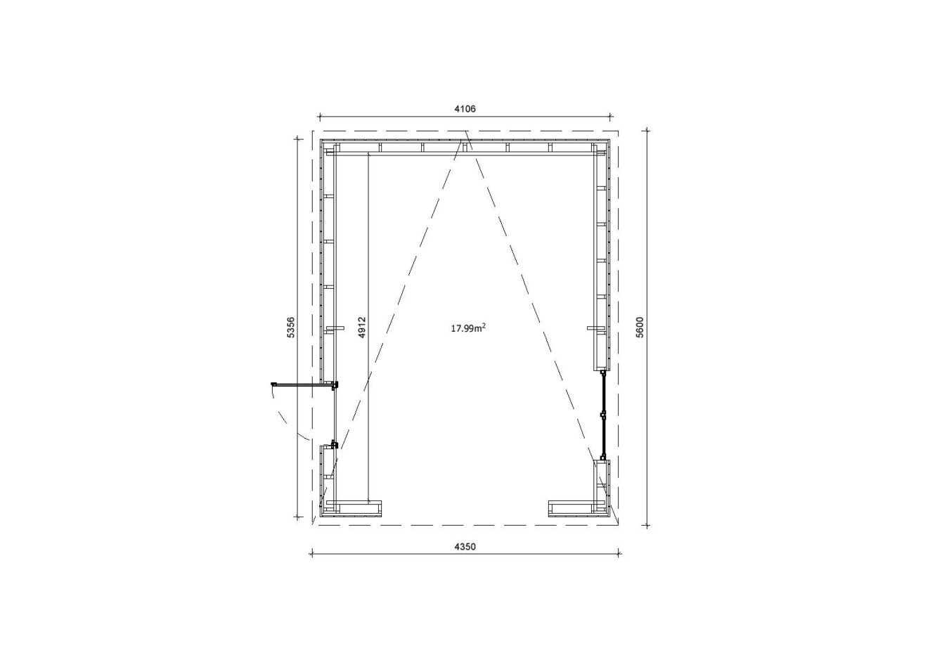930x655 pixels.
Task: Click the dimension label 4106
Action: (x=465, y=109)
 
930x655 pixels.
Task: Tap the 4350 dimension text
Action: (x=465, y=547)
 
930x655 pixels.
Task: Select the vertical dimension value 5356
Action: (x=291, y=327)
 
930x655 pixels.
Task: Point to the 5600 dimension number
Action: (x=640, y=327)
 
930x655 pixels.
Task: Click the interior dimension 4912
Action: (x=362, y=327)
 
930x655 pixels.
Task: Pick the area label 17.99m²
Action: (x=468, y=328)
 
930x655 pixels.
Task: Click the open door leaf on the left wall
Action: (x=302, y=384)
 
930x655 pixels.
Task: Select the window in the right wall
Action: (x=603, y=415)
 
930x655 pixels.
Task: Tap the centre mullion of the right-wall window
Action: (x=603, y=415)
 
